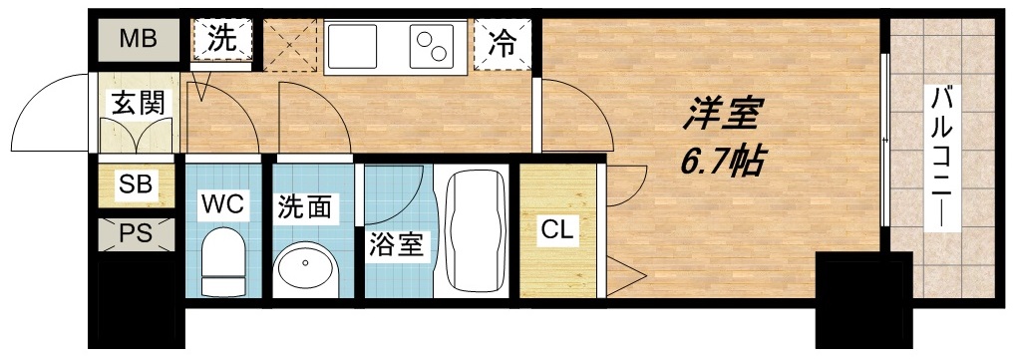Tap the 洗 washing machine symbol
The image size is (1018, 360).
[221, 41]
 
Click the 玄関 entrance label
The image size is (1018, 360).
[137, 101]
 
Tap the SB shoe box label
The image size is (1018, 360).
[135, 184]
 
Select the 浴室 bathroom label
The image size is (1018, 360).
[397, 245]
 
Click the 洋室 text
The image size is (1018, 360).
[720, 115]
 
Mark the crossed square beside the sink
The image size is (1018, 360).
[289, 44]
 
